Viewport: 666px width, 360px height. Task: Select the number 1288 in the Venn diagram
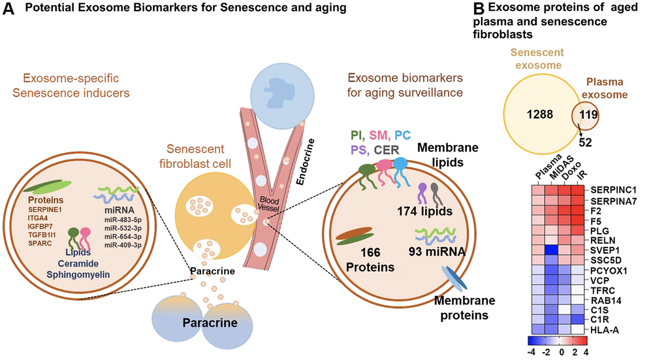pos(533,114)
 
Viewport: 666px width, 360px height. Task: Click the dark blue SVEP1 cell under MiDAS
pos(553,250)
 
